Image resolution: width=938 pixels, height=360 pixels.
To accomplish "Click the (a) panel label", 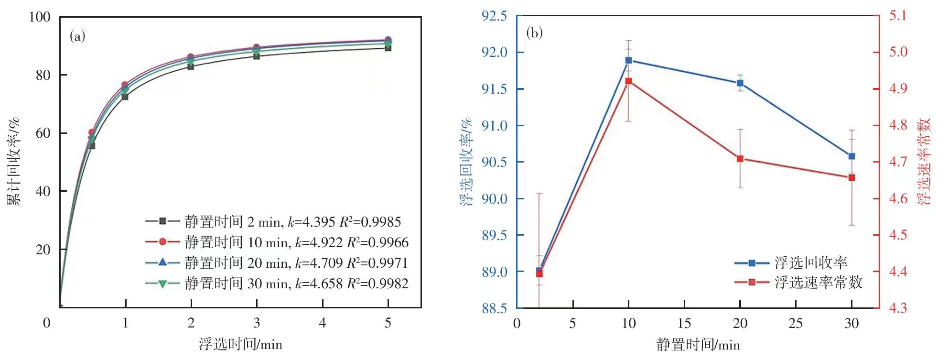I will [77, 36].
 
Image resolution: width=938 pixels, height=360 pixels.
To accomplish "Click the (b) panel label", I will [534, 33].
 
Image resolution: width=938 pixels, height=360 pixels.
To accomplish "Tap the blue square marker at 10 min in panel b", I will [628, 61].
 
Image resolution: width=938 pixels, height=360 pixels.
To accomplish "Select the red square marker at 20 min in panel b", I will [740, 159].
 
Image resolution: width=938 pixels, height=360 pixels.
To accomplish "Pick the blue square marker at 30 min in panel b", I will [852, 156].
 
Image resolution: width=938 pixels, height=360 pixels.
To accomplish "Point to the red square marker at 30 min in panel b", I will [852, 178].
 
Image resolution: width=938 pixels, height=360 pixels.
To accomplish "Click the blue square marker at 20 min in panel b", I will [740, 83].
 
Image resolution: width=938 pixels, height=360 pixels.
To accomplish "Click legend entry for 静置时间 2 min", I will [273, 222].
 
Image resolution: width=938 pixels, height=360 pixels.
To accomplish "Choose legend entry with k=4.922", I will [277, 242].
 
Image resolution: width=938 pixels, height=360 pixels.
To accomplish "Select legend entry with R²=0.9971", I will [277, 263].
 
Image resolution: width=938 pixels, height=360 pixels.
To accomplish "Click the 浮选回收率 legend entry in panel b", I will [791, 262].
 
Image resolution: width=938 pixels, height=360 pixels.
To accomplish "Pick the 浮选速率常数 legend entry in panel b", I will [798, 283].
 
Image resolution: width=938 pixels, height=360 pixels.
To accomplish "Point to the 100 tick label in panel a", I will [40, 17].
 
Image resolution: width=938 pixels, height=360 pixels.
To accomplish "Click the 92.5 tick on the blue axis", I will [494, 16].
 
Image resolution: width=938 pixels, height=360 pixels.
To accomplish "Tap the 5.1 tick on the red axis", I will [898, 16].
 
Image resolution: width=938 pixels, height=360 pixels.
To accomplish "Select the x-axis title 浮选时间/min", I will [240, 344].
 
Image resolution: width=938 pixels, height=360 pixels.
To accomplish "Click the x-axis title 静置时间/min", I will [698, 344].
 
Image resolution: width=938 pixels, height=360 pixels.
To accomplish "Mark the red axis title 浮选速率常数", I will [924, 162].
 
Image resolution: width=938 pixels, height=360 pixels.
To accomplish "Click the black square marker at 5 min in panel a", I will [388, 48].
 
